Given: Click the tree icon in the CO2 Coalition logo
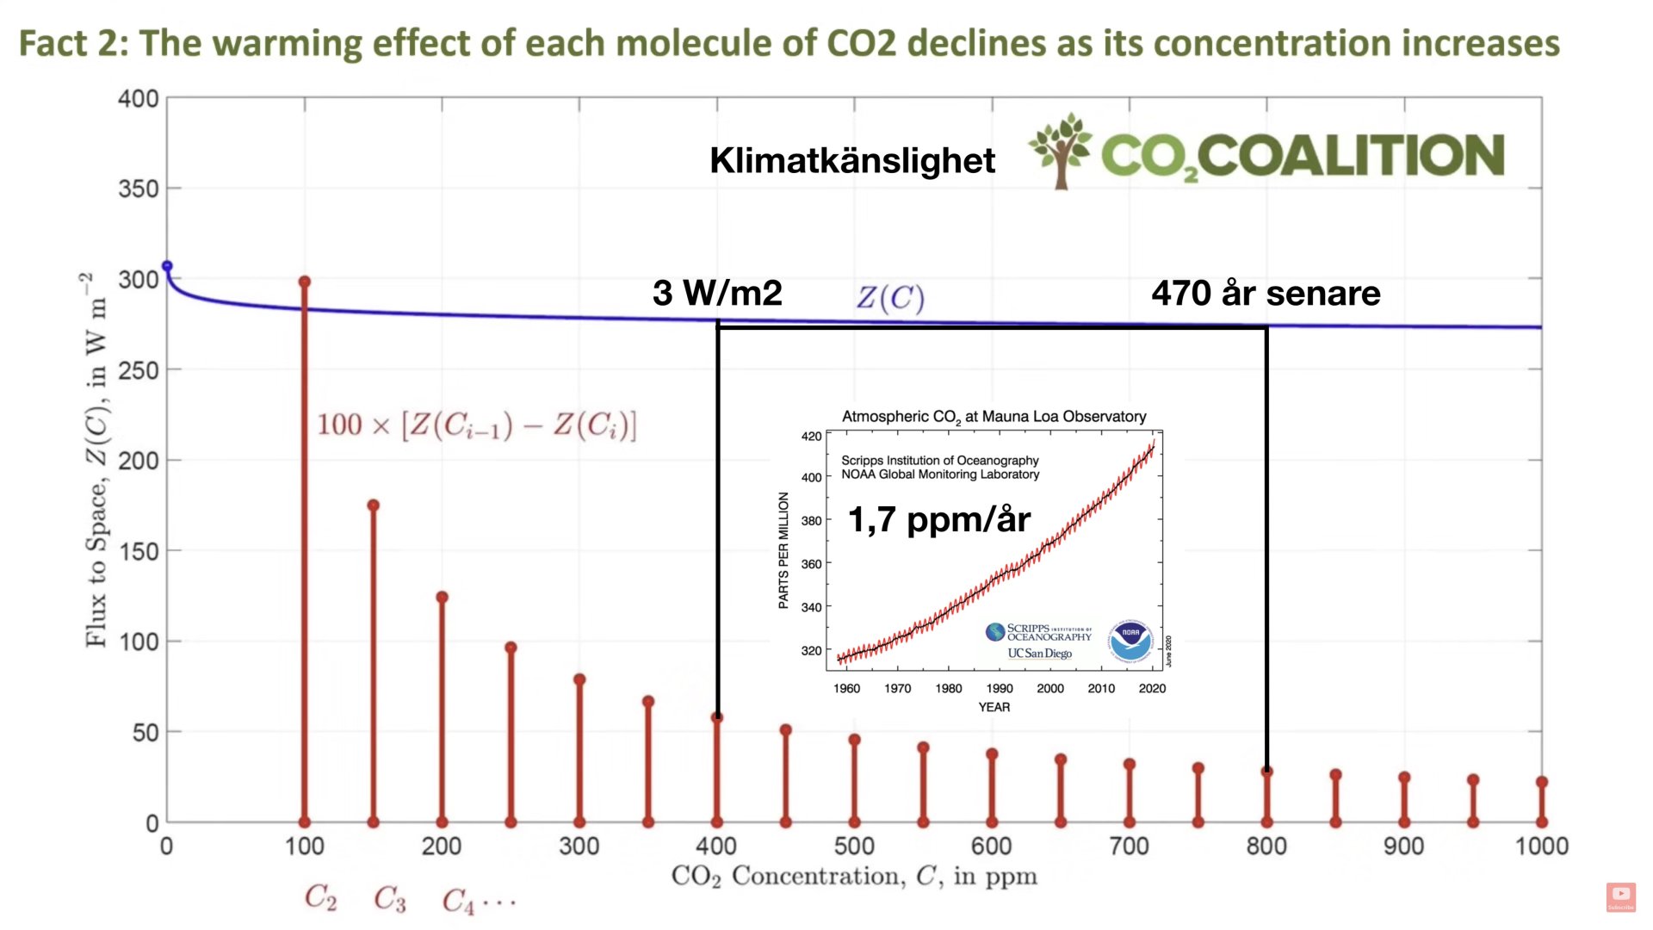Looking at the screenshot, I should coord(1062,150).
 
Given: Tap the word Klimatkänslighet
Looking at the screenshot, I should coord(851,160).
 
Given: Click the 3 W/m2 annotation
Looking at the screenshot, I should coord(717,293).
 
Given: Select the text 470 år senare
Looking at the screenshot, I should coord(1266,293).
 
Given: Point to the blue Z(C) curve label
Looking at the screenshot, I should coord(890,298).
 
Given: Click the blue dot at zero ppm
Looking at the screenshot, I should coord(167,266).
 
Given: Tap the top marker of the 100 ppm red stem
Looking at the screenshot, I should coord(304,282).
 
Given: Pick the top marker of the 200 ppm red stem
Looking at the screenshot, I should coord(442,597).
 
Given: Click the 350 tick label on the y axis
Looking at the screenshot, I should coord(139,189).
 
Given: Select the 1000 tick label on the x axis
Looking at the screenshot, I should coord(1541,846).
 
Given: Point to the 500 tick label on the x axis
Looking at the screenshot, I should coord(854,846).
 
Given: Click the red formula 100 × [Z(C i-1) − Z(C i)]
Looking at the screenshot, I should coord(476,425).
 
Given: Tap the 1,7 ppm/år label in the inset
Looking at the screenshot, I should coord(938,519).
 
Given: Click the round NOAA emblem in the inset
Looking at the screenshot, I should coord(1130,641).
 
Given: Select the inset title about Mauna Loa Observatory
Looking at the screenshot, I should coord(994,417).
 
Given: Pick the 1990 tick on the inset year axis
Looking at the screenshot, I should coord(1000,688).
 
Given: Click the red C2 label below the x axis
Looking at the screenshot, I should coord(320,898).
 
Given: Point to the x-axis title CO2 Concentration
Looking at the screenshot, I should coord(853,877).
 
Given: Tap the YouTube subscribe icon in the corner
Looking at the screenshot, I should coord(1620,896).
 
